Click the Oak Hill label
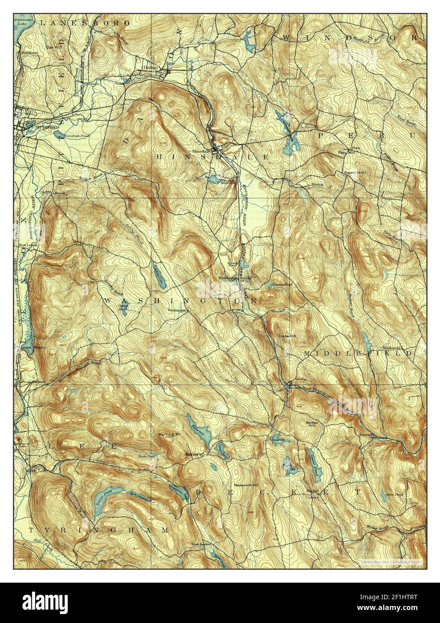pos(52,45)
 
